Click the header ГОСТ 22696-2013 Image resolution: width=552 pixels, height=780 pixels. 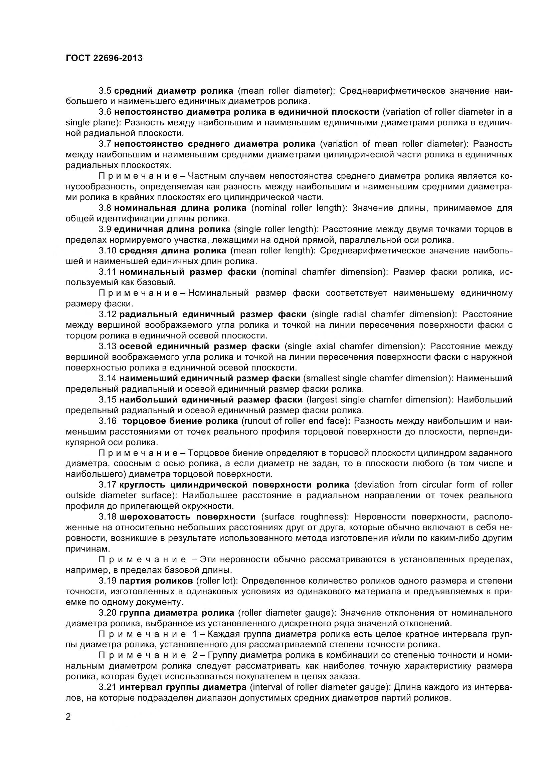tap(104, 58)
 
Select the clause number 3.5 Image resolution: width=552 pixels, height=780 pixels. tap(105, 91)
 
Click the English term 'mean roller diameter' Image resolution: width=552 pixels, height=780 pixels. tap(284, 91)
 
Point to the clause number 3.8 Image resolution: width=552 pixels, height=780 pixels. tap(105, 208)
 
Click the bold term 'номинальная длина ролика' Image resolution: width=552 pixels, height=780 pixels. tap(180, 208)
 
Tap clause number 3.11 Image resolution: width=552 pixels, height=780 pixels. tap(108, 272)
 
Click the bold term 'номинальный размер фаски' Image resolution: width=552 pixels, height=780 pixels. tap(188, 272)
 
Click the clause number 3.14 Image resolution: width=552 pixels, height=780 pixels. tap(108, 378)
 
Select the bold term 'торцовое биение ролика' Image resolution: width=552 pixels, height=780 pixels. tap(180, 421)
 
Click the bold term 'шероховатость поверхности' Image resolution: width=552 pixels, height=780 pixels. tap(187, 517)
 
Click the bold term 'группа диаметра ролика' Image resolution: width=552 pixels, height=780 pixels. tap(177, 613)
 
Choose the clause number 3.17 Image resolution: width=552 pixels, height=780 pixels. tap(108, 485)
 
